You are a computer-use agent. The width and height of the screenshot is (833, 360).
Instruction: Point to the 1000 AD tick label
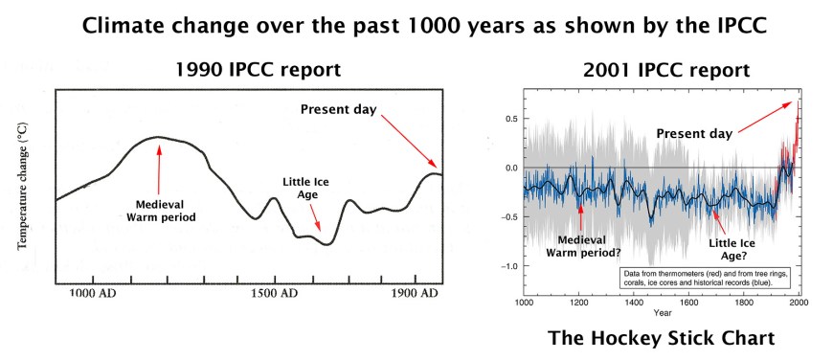click(x=95, y=292)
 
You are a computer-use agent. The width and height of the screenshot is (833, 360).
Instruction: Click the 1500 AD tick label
click(x=274, y=292)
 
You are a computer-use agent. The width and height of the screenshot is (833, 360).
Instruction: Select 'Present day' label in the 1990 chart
click(x=338, y=108)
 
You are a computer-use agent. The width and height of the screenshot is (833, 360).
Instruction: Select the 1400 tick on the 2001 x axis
click(x=634, y=302)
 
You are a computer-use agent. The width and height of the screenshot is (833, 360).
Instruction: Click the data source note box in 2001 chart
click(x=701, y=281)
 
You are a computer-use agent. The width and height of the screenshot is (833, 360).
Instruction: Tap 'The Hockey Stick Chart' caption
click(x=660, y=338)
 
